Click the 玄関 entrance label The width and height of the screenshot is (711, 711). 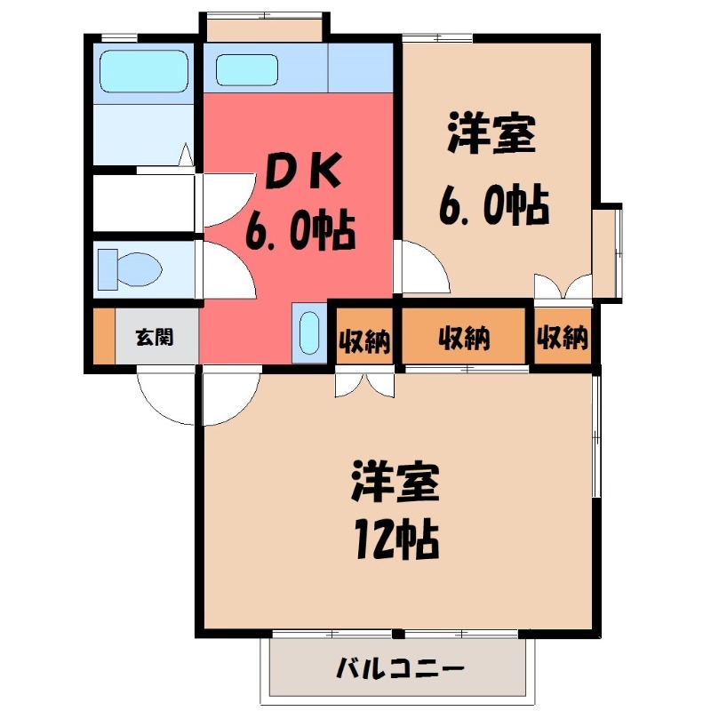154,337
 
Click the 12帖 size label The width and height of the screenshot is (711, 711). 396,535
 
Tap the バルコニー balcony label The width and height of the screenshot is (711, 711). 400,667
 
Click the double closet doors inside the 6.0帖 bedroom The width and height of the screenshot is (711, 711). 563,287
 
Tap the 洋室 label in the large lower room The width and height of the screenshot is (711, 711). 395,483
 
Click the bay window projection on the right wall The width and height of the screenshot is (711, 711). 608,252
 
